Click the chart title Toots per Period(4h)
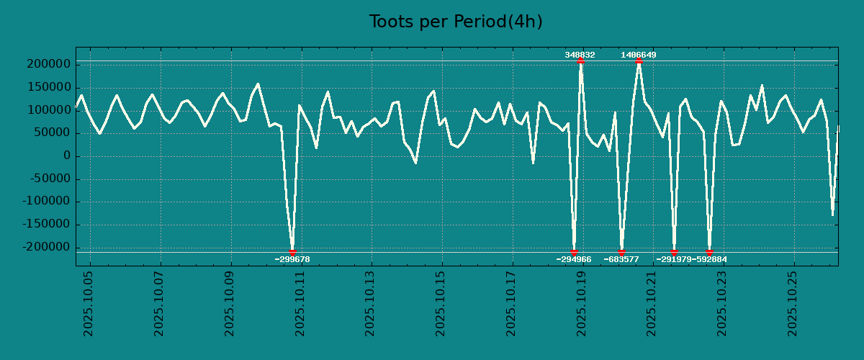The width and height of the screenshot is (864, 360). pyautogui.click(x=455, y=22)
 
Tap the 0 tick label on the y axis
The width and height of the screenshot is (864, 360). pyautogui.click(x=67, y=156)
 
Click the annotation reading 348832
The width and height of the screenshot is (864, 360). pyautogui.click(x=580, y=55)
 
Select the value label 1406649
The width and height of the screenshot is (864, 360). pyautogui.click(x=639, y=55)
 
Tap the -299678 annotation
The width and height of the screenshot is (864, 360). pyautogui.click(x=292, y=259)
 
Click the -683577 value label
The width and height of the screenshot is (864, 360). pyautogui.click(x=621, y=259)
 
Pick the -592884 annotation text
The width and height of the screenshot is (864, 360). pyautogui.click(x=710, y=259)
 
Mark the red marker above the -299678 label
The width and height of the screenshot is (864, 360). pyautogui.click(x=292, y=252)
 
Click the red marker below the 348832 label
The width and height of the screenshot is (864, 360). pyautogui.click(x=580, y=61)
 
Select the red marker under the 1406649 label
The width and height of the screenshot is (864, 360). pyautogui.click(x=639, y=61)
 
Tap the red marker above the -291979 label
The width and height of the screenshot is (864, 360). pyautogui.click(x=674, y=252)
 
